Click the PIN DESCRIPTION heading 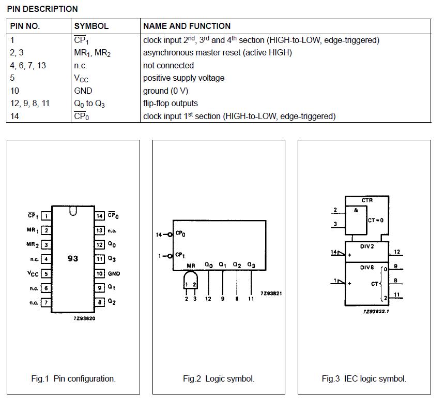[42, 9]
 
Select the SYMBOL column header [91, 26]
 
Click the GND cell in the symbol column [83, 91]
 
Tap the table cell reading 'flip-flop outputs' [170, 103]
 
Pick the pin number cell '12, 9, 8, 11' [30, 103]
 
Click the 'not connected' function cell [168, 65]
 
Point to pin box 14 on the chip [100, 216]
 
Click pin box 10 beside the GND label [100, 273]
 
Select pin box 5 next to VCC [46, 274]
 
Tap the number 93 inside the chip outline [73, 258]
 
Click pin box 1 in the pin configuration [46, 216]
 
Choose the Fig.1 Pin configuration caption [73, 378]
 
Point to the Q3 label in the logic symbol [251, 265]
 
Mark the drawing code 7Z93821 [271, 293]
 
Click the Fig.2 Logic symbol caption [219, 378]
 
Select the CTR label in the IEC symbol [367, 200]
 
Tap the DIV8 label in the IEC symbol [367, 267]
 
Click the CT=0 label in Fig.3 [376, 220]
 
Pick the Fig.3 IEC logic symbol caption [364, 378]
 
